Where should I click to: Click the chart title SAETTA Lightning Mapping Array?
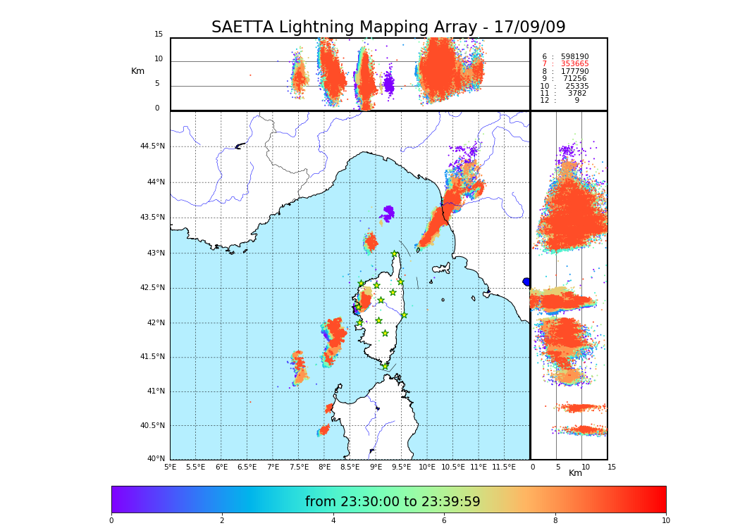(388, 27)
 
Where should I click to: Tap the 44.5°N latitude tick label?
(152, 146)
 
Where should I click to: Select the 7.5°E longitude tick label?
(299, 467)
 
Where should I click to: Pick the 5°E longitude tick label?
(170, 467)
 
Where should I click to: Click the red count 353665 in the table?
(574, 64)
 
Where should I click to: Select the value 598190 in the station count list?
(574, 57)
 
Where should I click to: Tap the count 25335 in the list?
(576, 87)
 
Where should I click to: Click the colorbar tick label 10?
(665, 521)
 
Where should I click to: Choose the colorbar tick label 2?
(222, 521)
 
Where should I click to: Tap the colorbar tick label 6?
(444, 521)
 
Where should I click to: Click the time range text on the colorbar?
(393, 502)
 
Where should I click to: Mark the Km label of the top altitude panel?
(137, 71)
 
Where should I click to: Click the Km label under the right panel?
(575, 473)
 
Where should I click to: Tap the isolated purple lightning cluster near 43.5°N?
(388, 213)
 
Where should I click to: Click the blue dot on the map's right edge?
(526, 282)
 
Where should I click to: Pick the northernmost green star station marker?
(395, 254)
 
